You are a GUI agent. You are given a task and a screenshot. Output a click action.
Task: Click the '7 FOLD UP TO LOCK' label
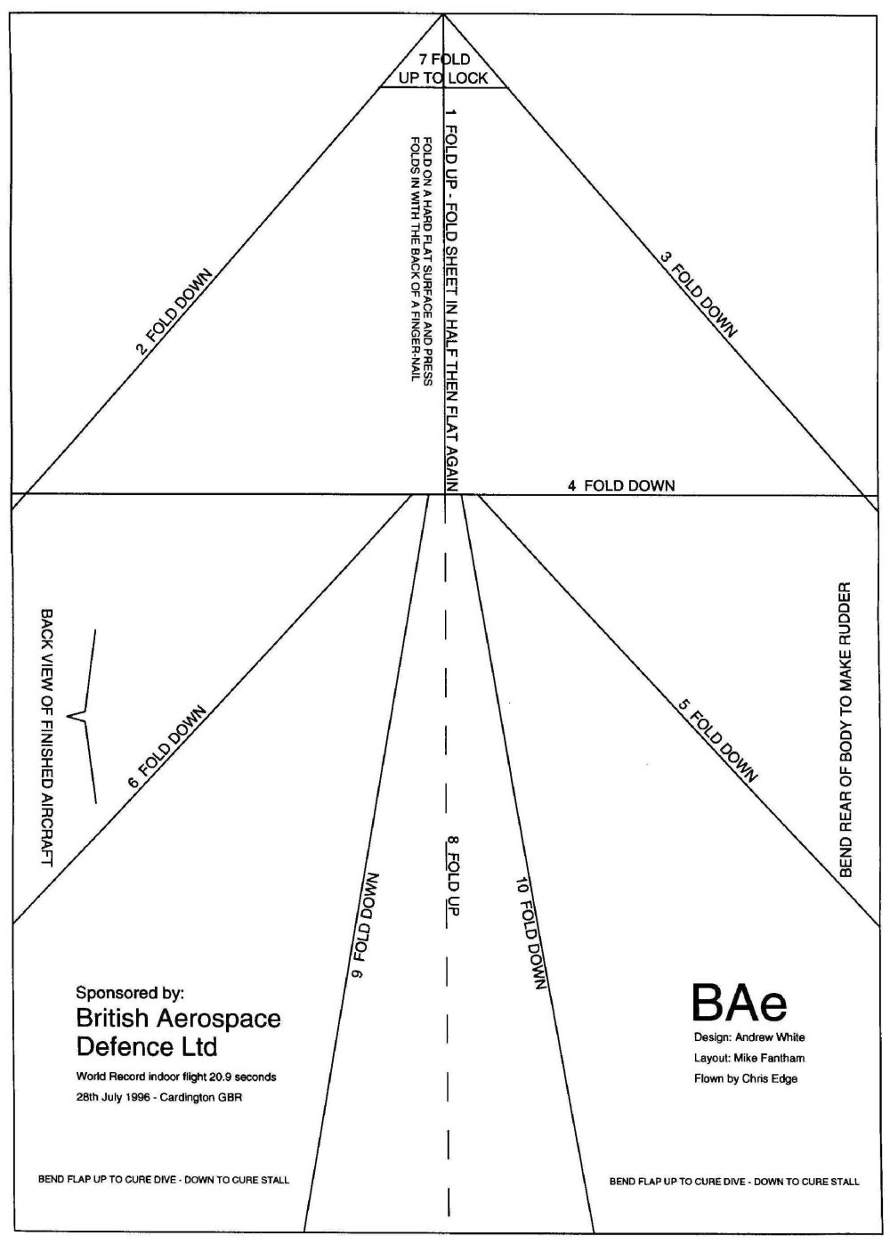(443, 69)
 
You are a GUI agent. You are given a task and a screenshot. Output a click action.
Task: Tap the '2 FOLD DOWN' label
(174, 312)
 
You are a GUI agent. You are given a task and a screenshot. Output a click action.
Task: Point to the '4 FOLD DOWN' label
(620, 485)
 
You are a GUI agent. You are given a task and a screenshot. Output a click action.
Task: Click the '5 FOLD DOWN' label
(716, 742)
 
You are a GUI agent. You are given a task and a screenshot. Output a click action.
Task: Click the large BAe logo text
(739, 1003)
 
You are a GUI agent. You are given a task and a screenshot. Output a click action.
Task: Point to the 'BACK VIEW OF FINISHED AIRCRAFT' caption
(46, 737)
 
